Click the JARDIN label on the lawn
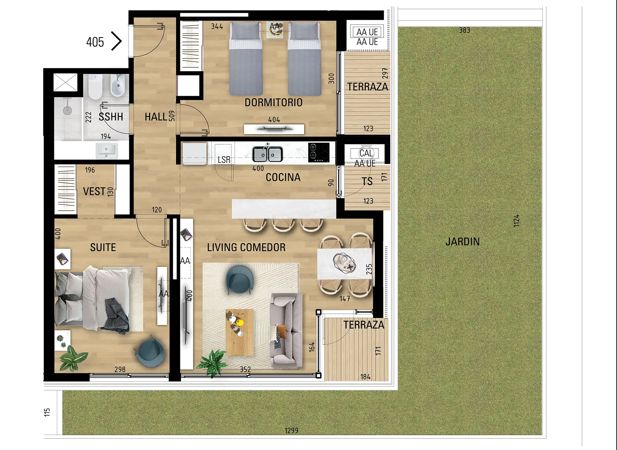pos(462,242)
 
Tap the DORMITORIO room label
pos(273,103)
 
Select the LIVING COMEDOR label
pos(246,248)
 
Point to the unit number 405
pos(95,42)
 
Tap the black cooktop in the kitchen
pos(318,152)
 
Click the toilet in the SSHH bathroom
pos(95,87)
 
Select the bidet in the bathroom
pos(118,86)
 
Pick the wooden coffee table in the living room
pos(239,332)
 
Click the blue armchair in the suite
pos(150,352)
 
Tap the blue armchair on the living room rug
pos(239,280)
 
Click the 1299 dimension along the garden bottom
pos(291,430)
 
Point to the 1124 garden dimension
pos(516,221)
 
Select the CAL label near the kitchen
pos(366,153)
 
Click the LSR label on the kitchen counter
pos(224,160)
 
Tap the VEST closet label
pos(94,192)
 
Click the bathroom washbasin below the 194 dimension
pos(107,150)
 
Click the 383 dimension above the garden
pos(464,30)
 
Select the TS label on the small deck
pos(367,182)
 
